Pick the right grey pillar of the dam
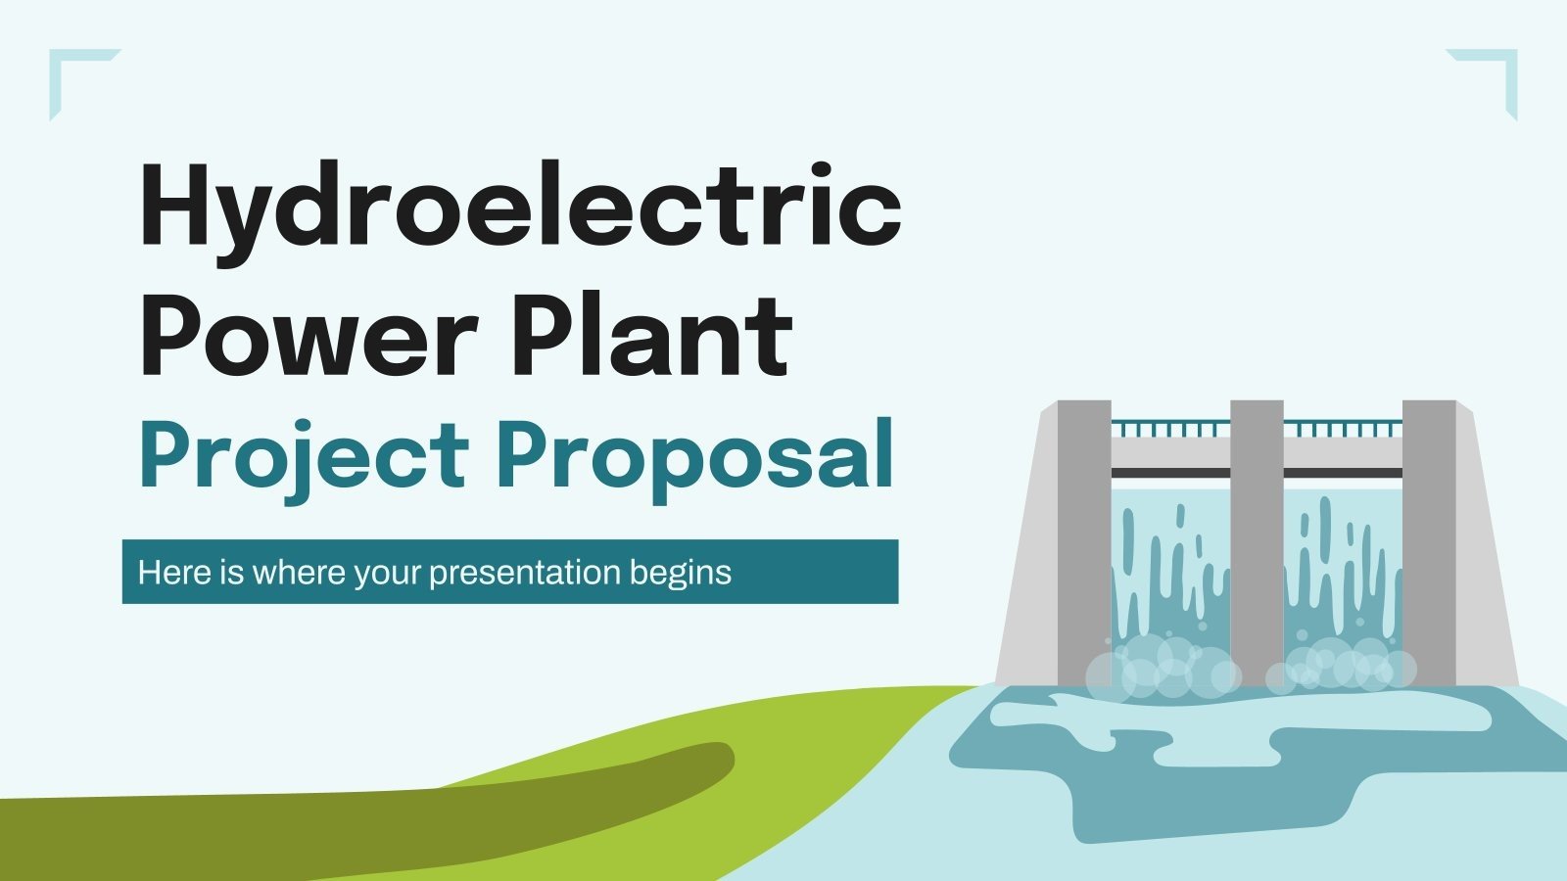coord(1429,538)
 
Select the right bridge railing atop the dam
coord(1343,429)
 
